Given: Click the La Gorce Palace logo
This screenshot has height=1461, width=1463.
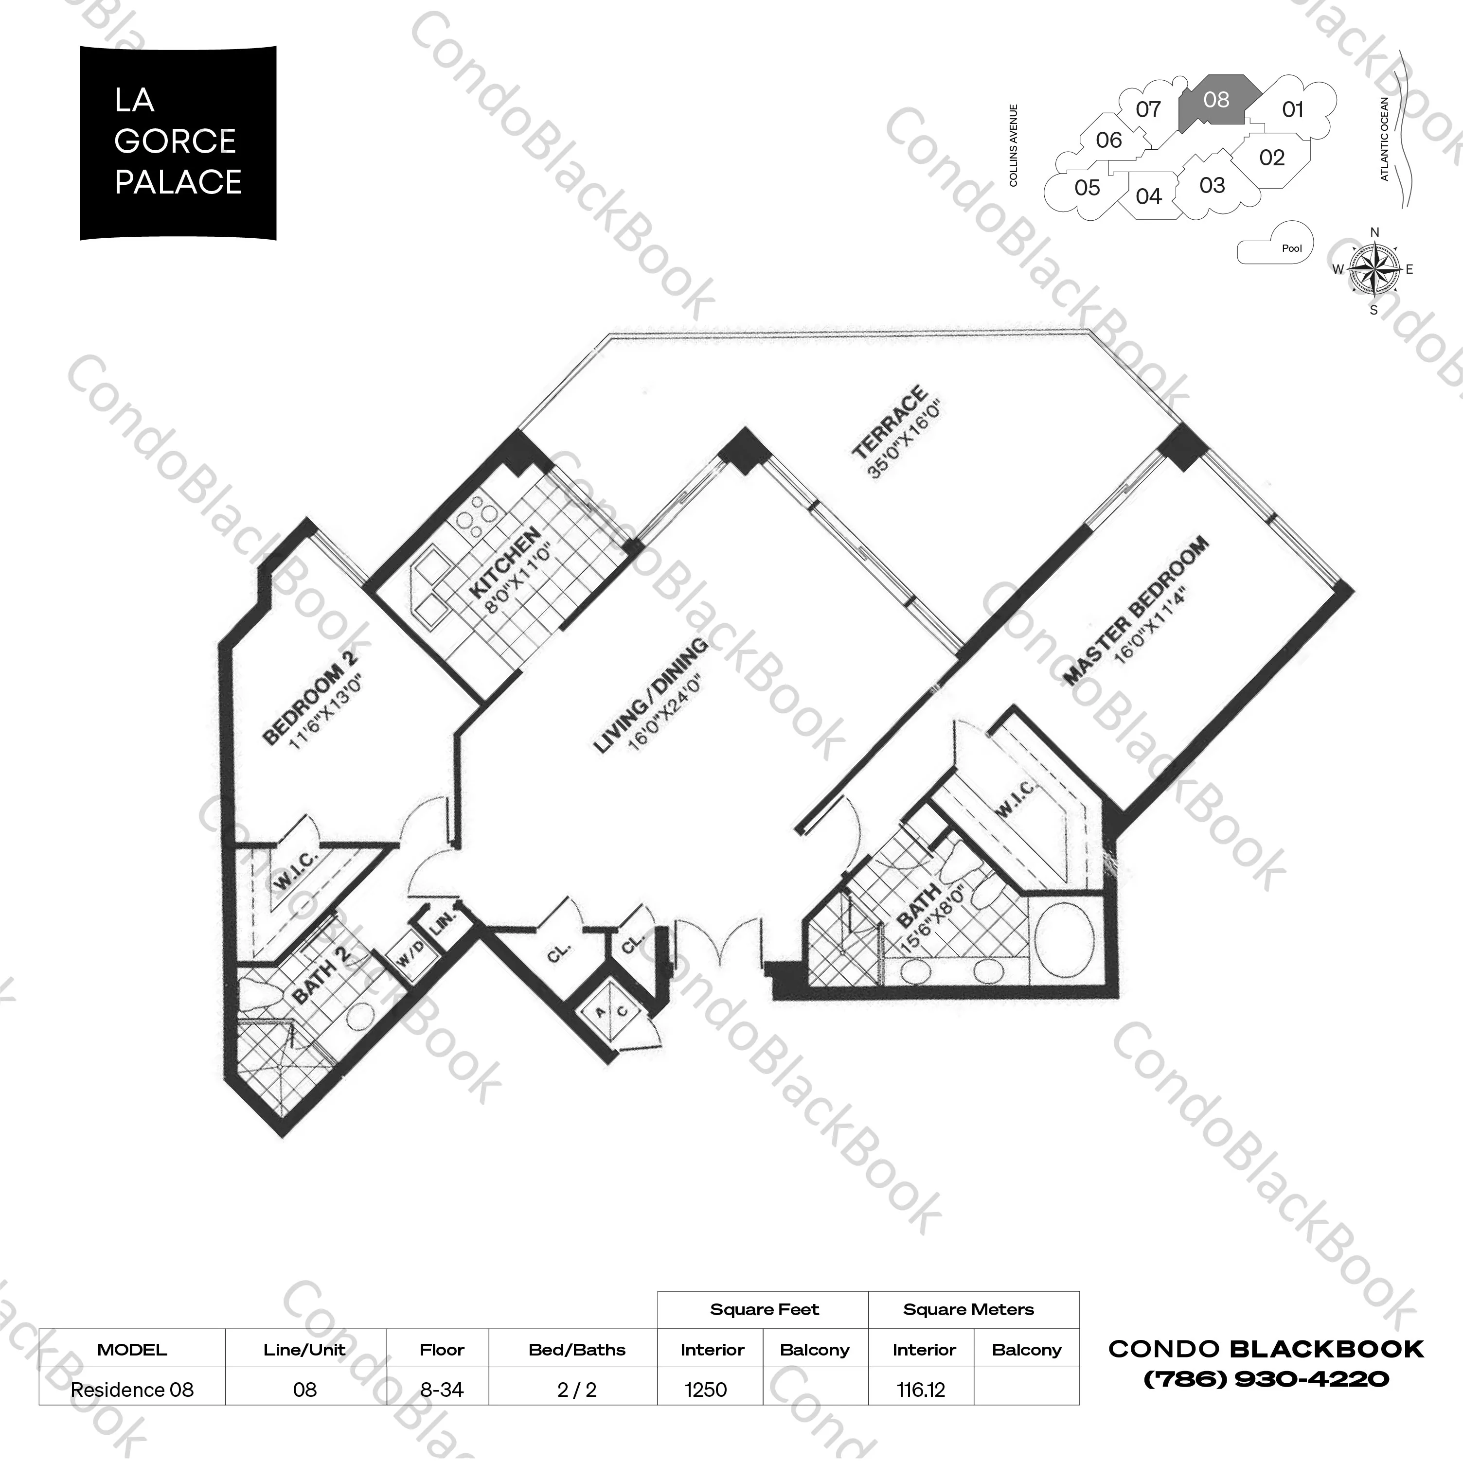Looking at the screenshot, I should [178, 143].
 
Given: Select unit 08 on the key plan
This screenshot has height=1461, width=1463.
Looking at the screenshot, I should [1214, 101].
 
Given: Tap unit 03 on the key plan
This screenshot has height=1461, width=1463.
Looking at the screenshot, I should [1212, 185].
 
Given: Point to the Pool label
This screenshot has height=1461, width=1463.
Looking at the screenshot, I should [1292, 248].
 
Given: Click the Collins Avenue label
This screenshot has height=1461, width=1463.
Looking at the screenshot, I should [1013, 145].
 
